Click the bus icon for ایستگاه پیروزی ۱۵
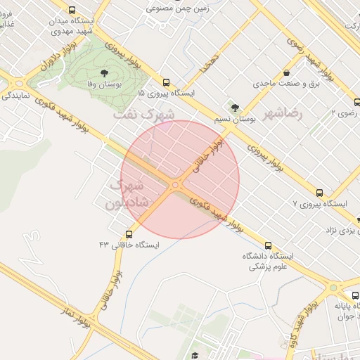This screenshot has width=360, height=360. [x=166, y=82]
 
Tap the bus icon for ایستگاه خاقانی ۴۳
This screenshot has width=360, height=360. [x=129, y=234]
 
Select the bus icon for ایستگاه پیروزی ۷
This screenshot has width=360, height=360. [x=320, y=193]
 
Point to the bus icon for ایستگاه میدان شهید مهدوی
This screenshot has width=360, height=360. [x=72, y=10]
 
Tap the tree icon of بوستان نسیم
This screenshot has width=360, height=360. [x=234, y=108]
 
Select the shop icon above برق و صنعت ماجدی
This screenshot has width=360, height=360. [x=285, y=73]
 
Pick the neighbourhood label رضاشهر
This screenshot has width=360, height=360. [x=283, y=113]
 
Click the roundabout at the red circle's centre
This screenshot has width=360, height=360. [x=175, y=184]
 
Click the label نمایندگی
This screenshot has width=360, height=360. [x=15, y=92]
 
